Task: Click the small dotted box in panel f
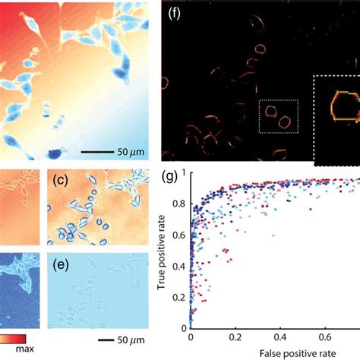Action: [278, 119]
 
